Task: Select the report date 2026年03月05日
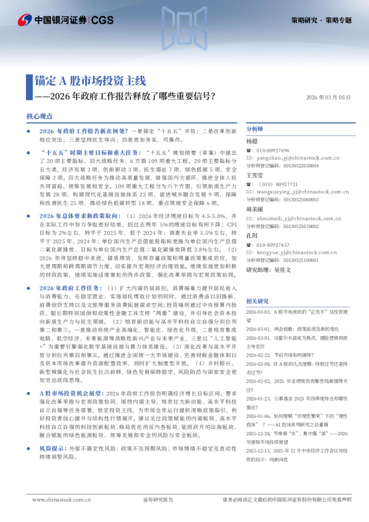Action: point(328,97)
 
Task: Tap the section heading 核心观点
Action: point(39,117)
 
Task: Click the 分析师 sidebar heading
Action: point(255,129)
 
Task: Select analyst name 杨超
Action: point(252,141)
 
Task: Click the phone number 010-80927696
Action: point(272,151)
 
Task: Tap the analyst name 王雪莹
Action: point(255,175)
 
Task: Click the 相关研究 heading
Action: point(257,300)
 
